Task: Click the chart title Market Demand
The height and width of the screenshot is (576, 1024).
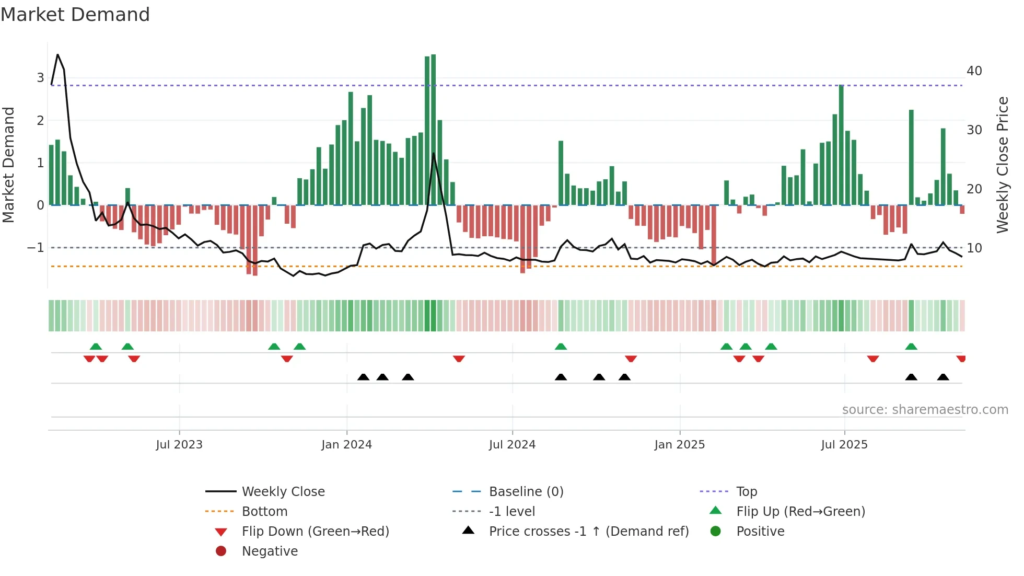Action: [75, 15]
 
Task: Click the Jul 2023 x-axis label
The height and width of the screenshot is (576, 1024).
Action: [179, 445]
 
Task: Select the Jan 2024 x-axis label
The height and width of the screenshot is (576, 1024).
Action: [346, 445]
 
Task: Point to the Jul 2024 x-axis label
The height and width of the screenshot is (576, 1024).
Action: [512, 445]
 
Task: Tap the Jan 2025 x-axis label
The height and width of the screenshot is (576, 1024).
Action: [679, 445]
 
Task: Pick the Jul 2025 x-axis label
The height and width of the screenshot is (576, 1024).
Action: [844, 445]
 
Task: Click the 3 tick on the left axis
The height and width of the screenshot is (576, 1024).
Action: [40, 78]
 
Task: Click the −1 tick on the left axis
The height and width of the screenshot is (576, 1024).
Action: [36, 248]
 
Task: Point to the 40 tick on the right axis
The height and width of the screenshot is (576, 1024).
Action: [974, 71]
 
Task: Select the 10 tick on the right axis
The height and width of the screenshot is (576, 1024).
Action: [974, 248]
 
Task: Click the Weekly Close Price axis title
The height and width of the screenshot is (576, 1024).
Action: [1002, 165]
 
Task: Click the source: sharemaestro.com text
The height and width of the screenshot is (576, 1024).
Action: [925, 410]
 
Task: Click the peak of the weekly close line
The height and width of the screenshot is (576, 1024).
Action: [57, 54]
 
